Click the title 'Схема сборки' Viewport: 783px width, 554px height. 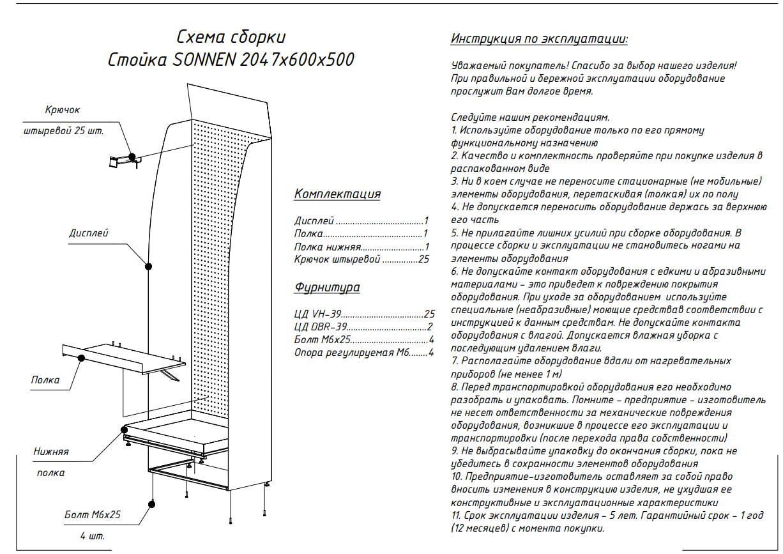tap(231, 36)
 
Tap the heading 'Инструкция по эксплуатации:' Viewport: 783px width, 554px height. tap(539, 39)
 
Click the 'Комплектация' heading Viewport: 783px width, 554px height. tap(337, 194)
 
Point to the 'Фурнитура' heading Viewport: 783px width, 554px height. tap(327, 287)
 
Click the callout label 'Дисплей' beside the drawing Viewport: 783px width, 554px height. tap(89, 233)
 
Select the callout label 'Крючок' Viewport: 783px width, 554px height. tap(63, 110)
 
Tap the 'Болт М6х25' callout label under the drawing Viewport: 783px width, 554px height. tap(93, 514)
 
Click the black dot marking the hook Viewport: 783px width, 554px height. tap(132, 157)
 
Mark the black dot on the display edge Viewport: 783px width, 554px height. tap(149, 266)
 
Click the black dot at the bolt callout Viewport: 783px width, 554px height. tap(152, 504)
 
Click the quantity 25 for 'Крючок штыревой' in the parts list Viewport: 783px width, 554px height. tap(423, 259)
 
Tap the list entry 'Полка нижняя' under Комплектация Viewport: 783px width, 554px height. tap(328, 247)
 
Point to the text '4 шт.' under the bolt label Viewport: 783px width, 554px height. tap(93, 535)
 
